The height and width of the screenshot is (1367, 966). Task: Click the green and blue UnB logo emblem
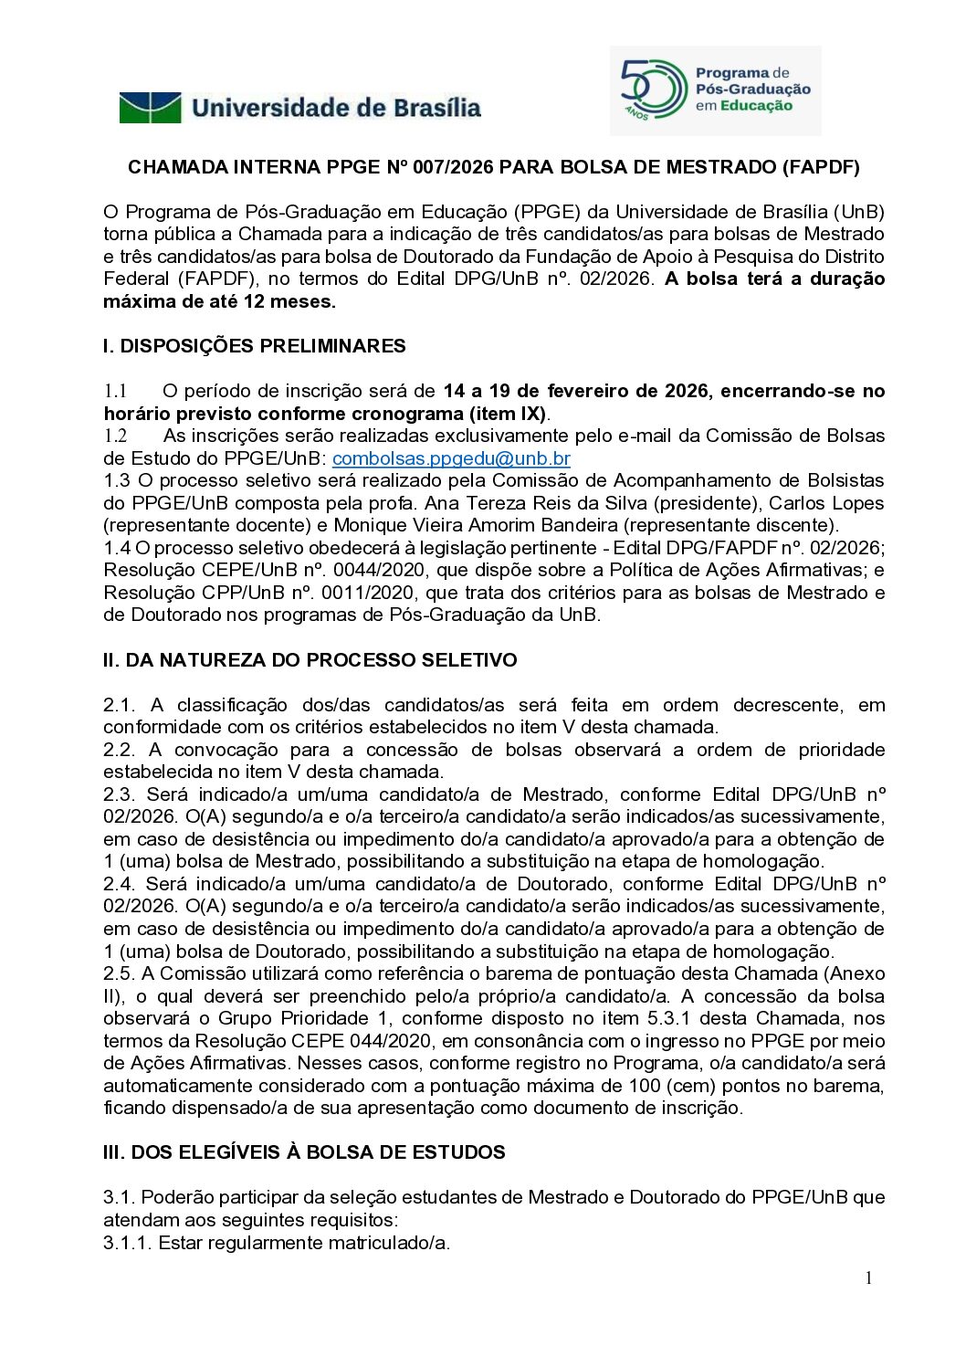coord(151,108)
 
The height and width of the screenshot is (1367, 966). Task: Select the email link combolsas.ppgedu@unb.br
coord(451,458)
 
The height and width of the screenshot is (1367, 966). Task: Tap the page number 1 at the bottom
coord(868,1278)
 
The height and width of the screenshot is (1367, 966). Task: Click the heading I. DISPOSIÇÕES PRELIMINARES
coord(254,346)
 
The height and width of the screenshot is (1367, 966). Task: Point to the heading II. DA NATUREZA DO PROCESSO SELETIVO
coord(310,660)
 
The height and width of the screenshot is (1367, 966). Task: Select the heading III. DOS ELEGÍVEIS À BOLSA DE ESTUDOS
coord(303,1152)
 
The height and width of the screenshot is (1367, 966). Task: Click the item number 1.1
coord(115,391)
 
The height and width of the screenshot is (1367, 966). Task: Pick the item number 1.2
coord(115,436)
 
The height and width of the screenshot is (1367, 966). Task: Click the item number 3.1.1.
coord(127,1243)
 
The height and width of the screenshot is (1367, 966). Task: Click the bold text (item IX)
coord(507,414)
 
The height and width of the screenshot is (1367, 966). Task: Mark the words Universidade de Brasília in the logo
coord(336,108)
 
